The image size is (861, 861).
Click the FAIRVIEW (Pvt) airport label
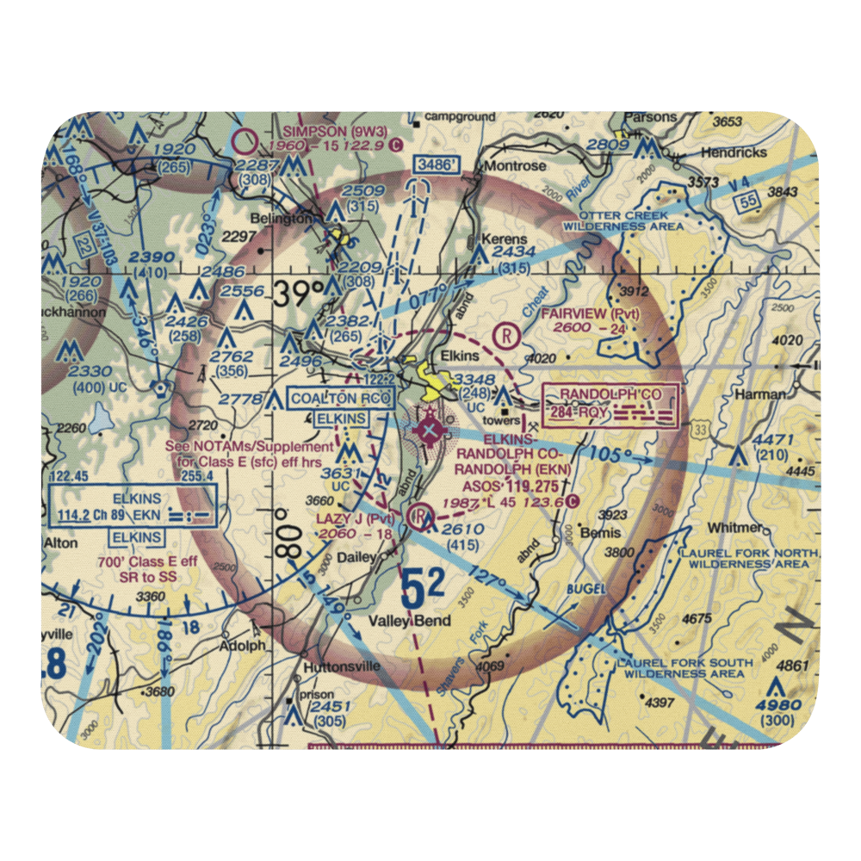tap(591, 313)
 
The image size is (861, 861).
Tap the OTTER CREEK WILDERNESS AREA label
tap(624, 220)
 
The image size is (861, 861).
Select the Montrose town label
tap(514, 165)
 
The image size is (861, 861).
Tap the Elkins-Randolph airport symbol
tap(426, 427)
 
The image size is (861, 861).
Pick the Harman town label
tap(759, 393)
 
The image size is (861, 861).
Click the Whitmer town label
tap(731, 528)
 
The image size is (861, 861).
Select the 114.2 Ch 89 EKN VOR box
tap(131, 515)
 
